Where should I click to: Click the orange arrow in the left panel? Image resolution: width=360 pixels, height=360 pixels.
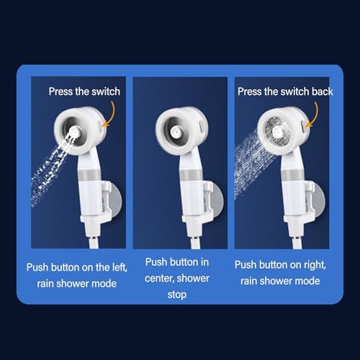point(109,114)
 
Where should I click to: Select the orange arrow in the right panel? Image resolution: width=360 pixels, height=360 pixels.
point(312,114)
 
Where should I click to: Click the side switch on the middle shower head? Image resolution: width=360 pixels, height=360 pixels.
point(202,125)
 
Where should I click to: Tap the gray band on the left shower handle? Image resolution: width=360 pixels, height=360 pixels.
point(89,175)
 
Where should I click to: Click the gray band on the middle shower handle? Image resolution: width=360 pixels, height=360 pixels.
point(191,175)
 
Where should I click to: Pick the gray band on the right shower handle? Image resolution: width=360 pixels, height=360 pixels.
point(293,175)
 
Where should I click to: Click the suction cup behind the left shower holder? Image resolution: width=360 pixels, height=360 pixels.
point(117,199)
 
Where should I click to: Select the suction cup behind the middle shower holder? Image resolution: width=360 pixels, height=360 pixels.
point(218,199)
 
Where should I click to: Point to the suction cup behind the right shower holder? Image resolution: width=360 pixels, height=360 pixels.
point(320,199)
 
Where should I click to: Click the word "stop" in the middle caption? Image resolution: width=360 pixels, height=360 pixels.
point(177,294)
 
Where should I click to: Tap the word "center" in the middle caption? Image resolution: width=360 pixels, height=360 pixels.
point(160,279)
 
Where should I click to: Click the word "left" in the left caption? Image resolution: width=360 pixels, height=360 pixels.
point(120,267)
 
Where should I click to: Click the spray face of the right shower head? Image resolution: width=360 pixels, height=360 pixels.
point(278,131)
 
